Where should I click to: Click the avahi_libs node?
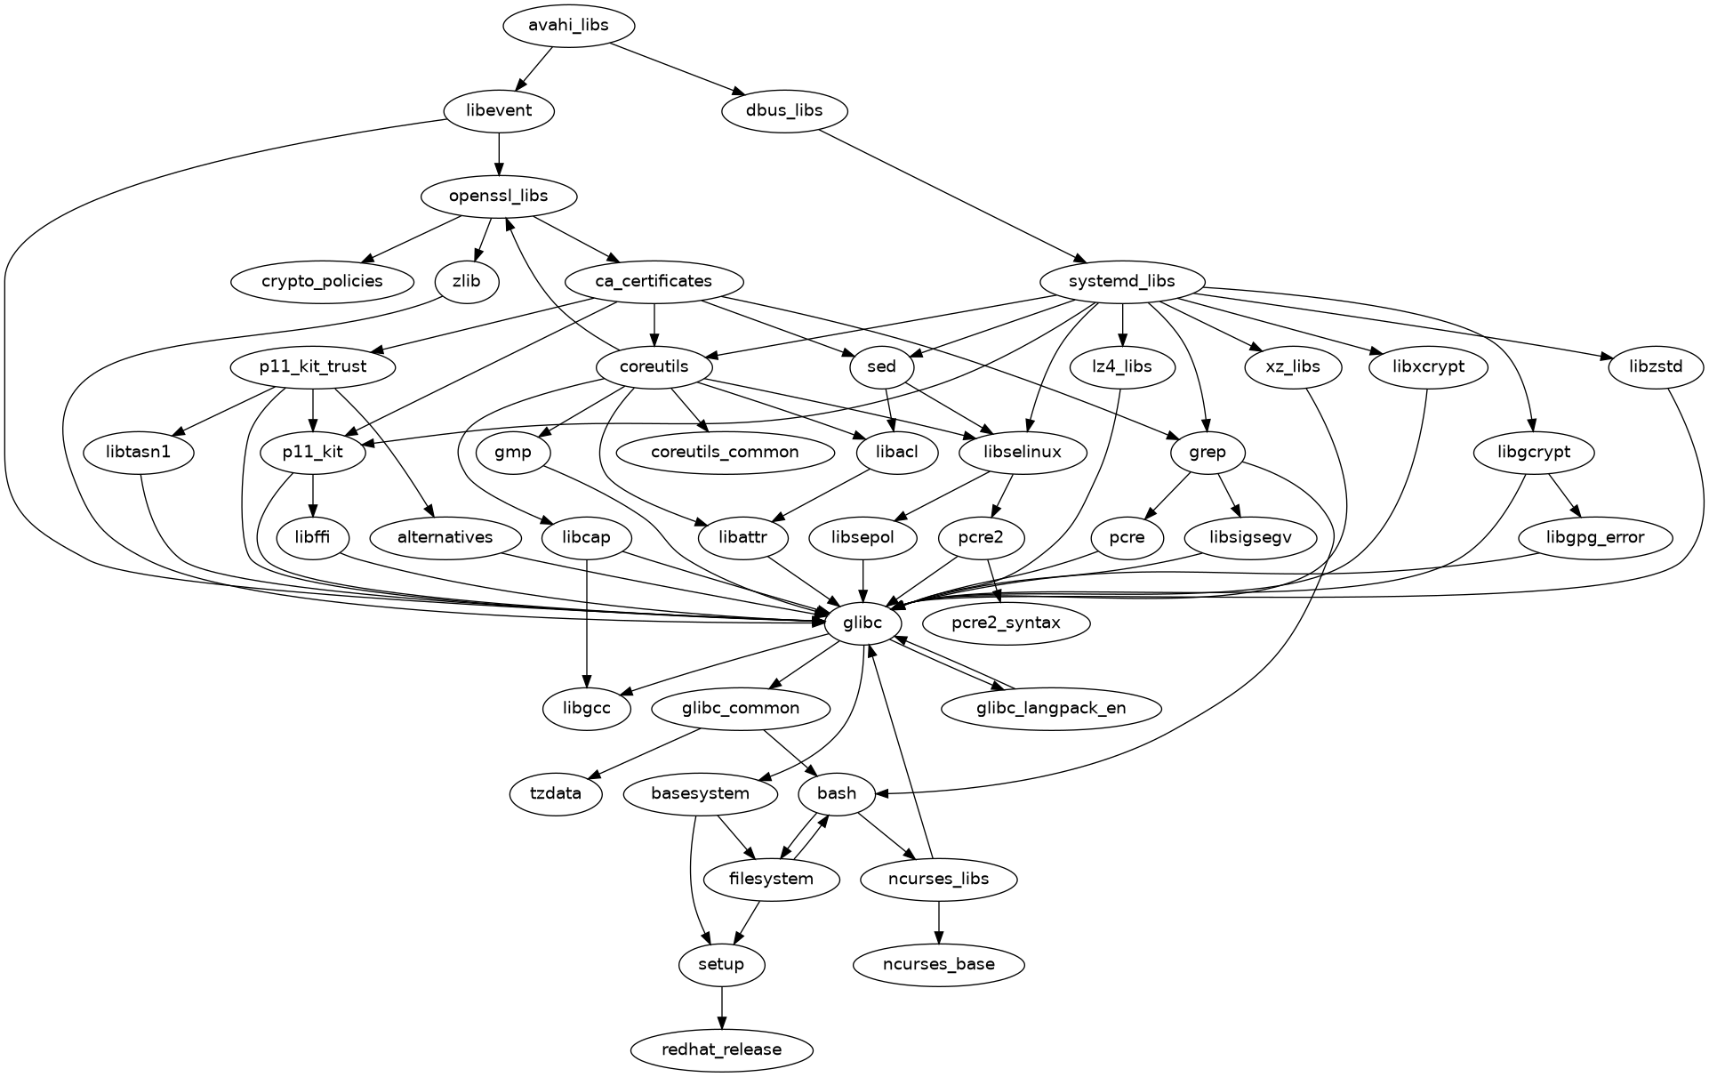coord(568,25)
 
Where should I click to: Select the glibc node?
coord(862,623)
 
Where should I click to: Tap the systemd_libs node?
coord(1122,281)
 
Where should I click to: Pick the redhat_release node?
coord(721,1049)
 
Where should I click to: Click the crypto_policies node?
coord(322,281)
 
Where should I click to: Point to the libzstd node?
coord(1656,366)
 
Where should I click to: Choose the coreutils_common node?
coord(724,452)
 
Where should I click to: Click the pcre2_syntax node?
coord(1006,623)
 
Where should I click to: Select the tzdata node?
coord(556,793)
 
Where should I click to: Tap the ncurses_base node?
coord(938,964)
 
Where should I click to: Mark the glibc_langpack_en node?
coord(1050,708)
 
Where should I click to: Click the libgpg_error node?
coord(1594,537)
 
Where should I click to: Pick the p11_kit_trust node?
coord(312,366)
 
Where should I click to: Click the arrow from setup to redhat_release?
coord(721,1007)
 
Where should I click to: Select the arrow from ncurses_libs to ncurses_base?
coord(939,921)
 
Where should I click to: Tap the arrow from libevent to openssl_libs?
coord(499,153)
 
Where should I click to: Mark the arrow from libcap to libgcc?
coord(586,623)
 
